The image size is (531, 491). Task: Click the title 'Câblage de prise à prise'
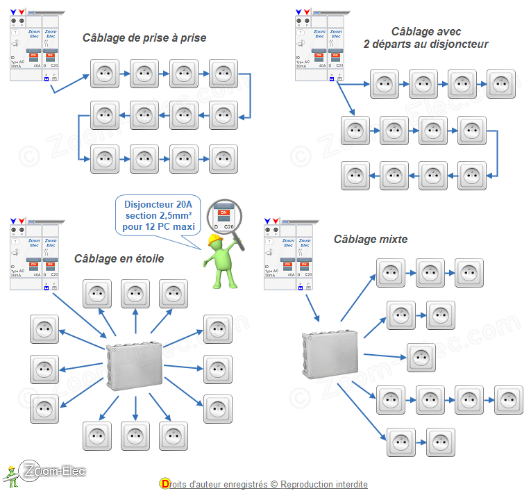point(144,38)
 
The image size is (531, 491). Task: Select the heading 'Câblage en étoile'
point(119,258)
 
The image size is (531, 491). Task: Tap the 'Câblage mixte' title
point(371,239)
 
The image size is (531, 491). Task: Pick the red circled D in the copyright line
point(165,483)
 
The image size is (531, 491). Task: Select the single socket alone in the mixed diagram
point(421,358)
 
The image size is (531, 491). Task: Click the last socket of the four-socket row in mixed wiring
point(508,401)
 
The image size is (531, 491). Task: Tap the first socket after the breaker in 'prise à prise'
point(105,73)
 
